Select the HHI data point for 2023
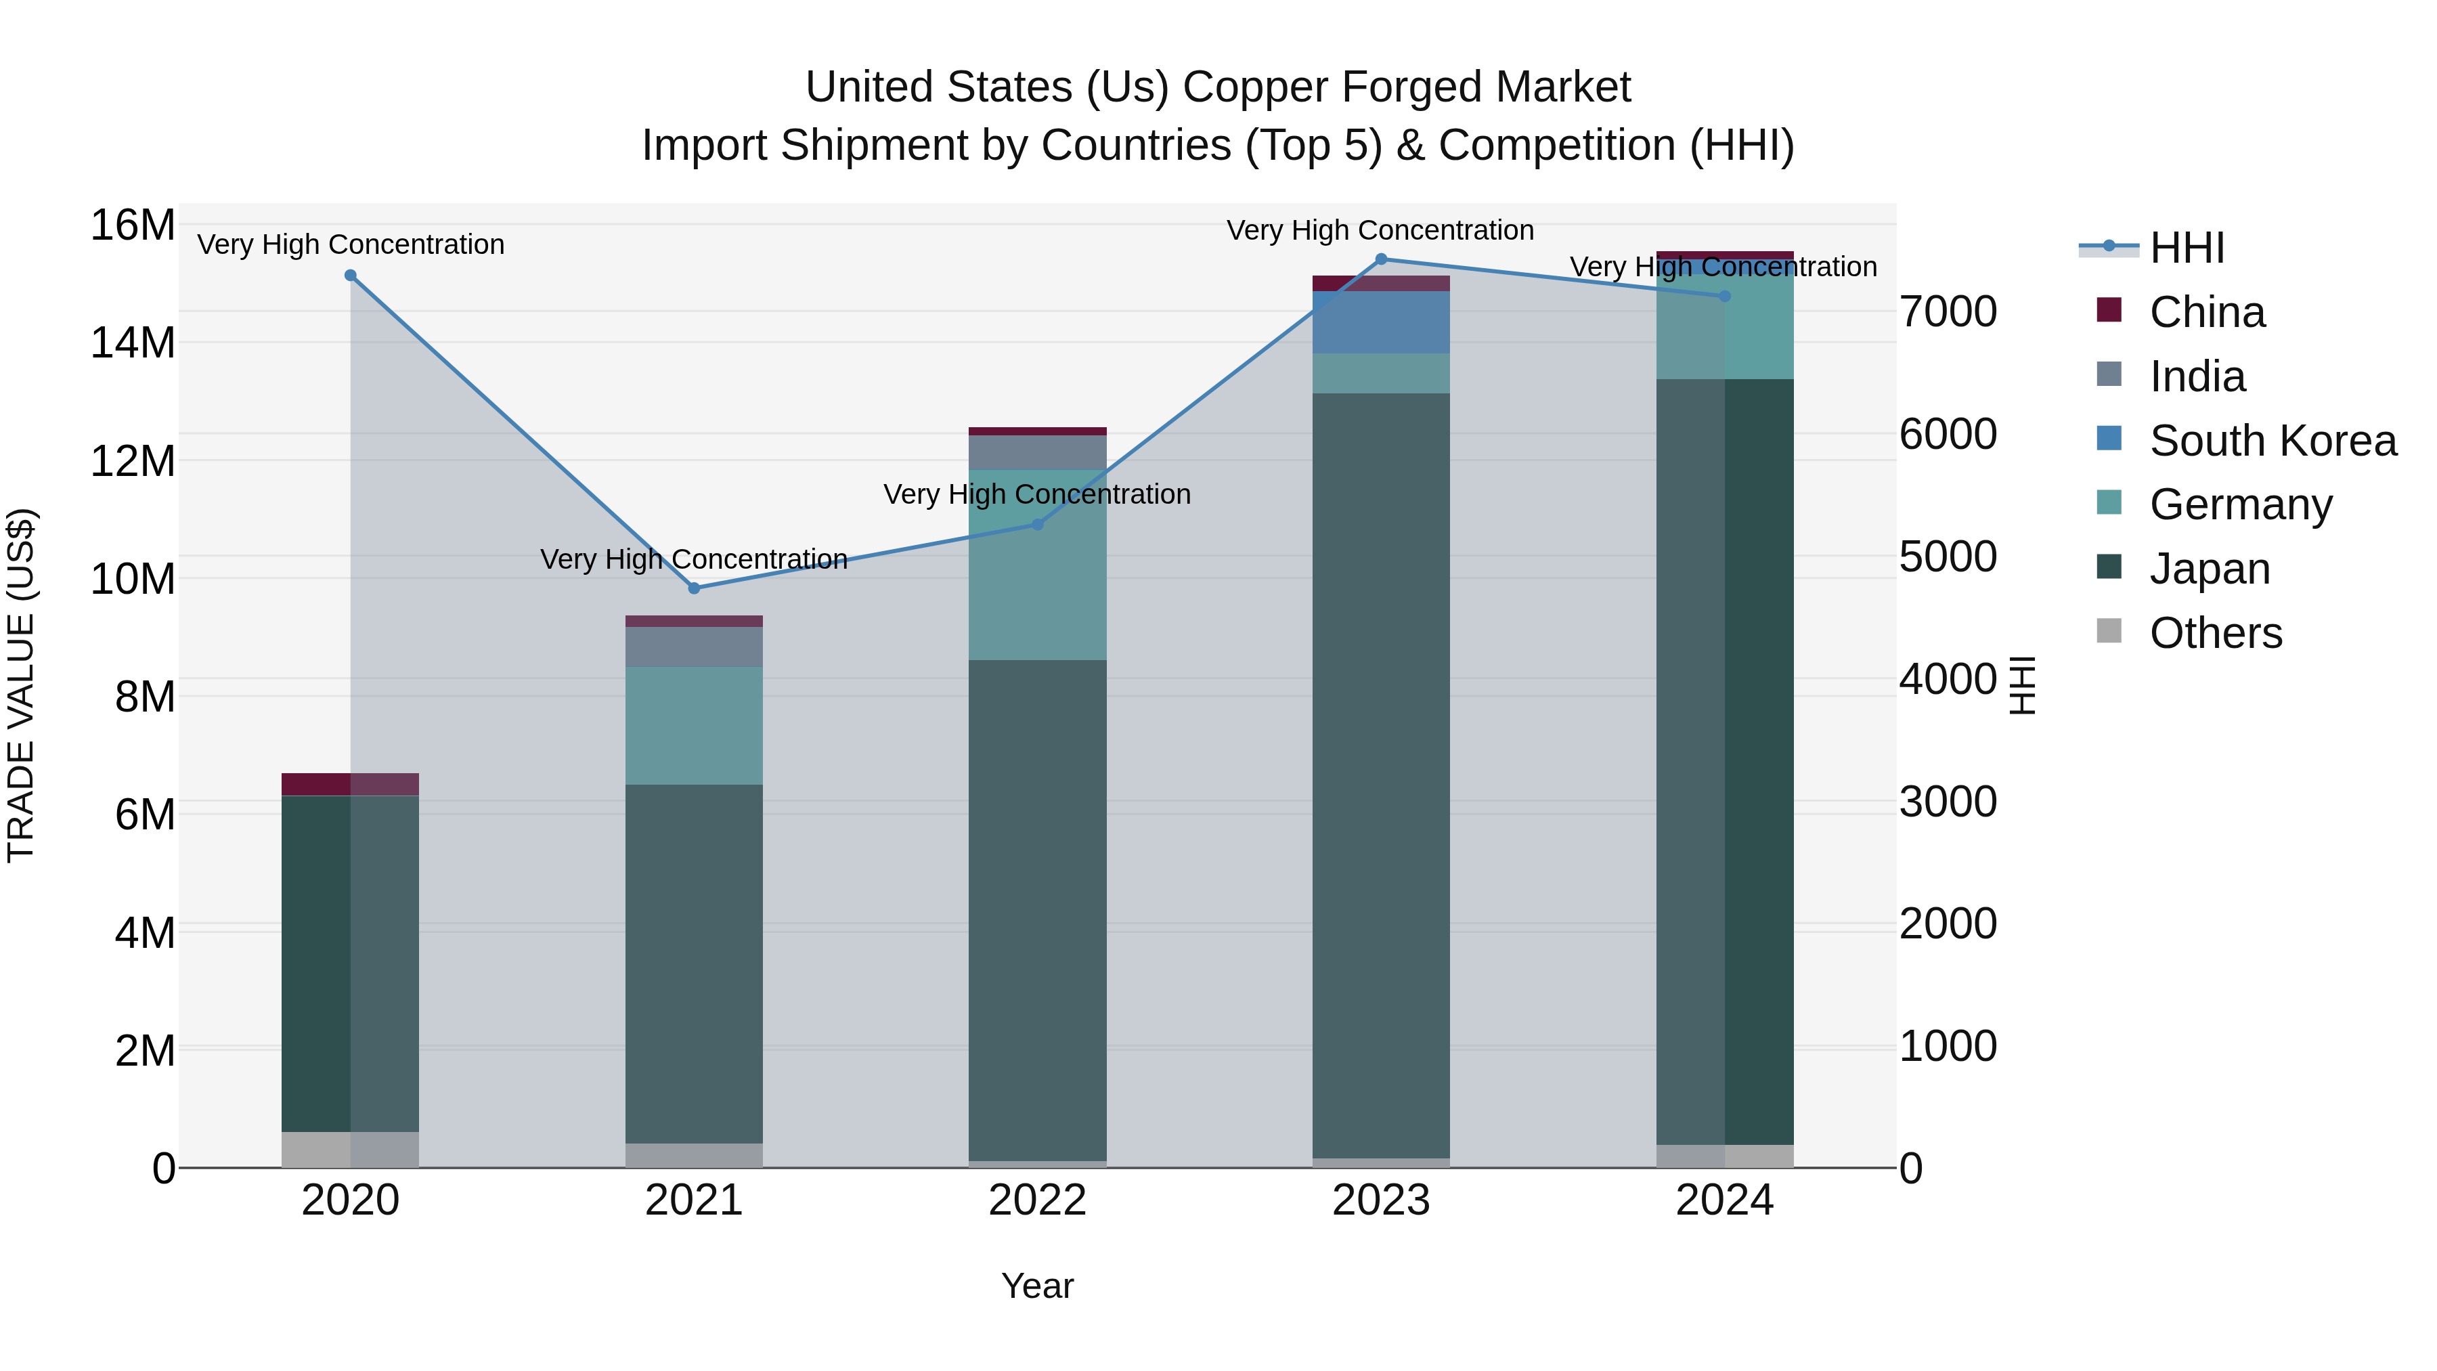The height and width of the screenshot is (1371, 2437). (x=1380, y=259)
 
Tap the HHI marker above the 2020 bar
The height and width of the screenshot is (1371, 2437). (x=350, y=276)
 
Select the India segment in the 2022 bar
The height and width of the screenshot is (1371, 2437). (x=1037, y=452)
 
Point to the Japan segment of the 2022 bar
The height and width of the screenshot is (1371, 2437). (x=1037, y=909)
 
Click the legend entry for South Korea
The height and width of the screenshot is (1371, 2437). (x=2273, y=441)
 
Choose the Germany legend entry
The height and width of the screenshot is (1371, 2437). (x=2240, y=504)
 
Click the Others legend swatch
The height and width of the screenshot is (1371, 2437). (x=2109, y=631)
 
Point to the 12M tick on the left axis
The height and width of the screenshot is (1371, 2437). (x=133, y=462)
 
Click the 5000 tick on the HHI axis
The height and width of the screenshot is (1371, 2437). (x=1948, y=557)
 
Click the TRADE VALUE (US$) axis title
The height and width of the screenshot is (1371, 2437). (x=22, y=685)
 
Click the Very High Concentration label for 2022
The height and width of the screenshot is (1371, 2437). (x=1037, y=495)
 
